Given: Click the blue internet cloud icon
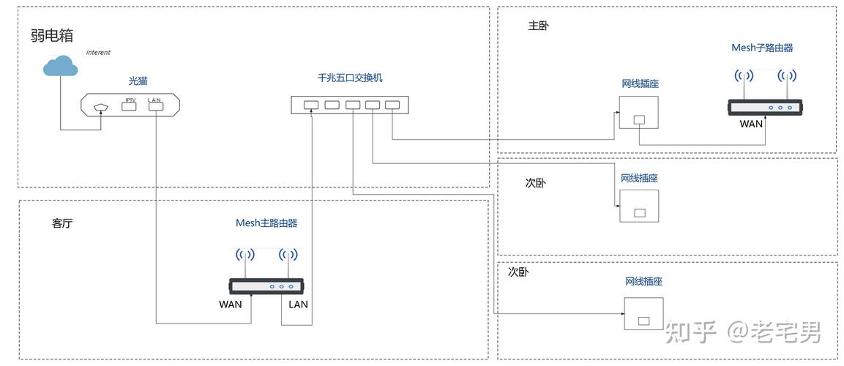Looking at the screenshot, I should tap(60, 67).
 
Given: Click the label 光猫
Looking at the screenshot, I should tap(138, 81).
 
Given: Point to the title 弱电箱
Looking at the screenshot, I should tap(52, 35).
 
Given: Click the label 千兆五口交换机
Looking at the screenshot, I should tap(349, 78).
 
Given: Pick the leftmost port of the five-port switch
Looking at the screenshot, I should tap(311, 105).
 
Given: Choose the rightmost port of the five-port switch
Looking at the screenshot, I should tap(392, 105).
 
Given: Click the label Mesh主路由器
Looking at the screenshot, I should tap(266, 223).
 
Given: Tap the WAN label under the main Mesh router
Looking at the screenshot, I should tap(230, 304).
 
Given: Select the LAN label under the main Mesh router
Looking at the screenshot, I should tap(299, 304).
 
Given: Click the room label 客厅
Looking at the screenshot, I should tap(62, 224).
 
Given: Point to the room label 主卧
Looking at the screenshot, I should tap(538, 26).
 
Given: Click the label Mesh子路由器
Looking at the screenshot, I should tap(762, 48).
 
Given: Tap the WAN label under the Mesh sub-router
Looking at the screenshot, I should tap(751, 124).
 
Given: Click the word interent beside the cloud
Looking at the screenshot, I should tap(98, 53).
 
